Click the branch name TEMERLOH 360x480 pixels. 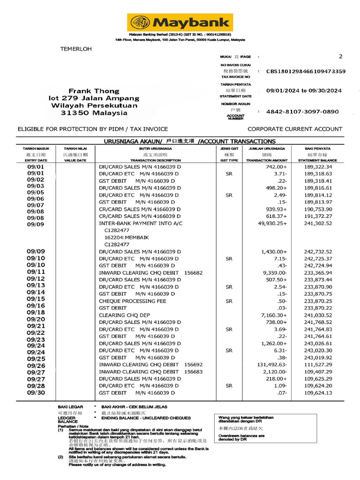(x=76, y=49)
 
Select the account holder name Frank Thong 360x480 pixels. (x=94, y=90)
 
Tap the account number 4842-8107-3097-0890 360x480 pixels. (x=302, y=112)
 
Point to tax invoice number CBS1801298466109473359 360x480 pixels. (x=306, y=71)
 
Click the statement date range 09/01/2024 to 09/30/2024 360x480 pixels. (x=304, y=90)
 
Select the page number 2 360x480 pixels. (x=340, y=56)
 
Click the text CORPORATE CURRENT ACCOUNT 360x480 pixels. (x=295, y=129)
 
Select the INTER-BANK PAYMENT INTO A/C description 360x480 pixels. (x=140, y=224)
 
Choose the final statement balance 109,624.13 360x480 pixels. (x=318, y=393)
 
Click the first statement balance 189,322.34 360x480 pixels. (x=318, y=167)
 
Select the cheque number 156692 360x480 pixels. (x=194, y=365)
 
